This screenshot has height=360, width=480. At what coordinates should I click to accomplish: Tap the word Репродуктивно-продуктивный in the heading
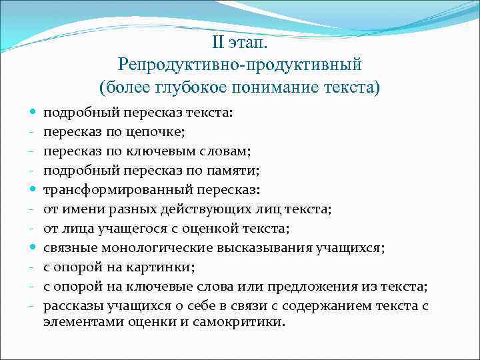(239, 65)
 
